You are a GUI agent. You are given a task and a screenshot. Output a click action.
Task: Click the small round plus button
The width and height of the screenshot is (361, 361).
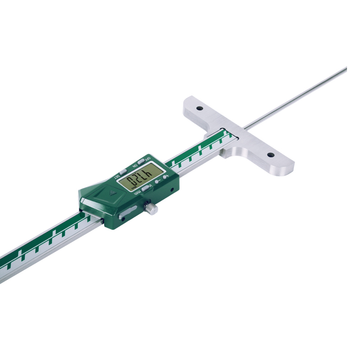(165, 177)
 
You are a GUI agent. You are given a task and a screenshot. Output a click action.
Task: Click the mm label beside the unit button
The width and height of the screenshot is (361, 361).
(137, 193)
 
